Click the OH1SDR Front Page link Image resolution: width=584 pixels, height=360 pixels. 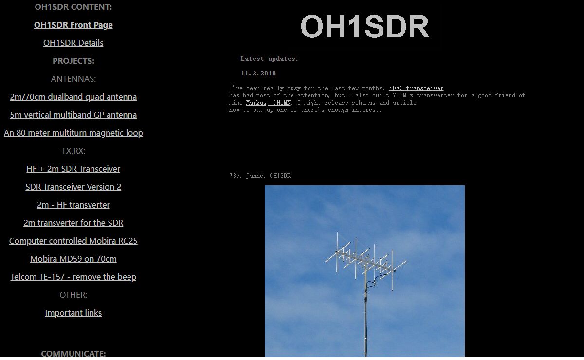(x=73, y=25)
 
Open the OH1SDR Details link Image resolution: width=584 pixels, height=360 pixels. (x=73, y=43)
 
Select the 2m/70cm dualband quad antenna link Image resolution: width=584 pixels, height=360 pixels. (x=73, y=97)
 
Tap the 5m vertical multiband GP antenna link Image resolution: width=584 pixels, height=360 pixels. (x=73, y=115)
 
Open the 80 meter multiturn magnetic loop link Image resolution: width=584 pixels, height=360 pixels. (x=73, y=133)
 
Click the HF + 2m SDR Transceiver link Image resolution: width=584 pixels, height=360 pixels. (x=73, y=169)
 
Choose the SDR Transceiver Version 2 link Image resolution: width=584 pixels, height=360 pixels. (x=73, y=187)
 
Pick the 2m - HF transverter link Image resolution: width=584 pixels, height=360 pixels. (x=73, y=205)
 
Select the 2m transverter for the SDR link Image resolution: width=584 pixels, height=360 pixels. (x=73, y=223)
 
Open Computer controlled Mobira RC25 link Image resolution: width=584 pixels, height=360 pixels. (x=73, y=241)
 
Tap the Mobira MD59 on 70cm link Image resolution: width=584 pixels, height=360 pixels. (x=73, y=259)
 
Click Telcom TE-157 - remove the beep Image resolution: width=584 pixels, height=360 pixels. (x=73, y=277)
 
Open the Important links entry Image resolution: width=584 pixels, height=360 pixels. (x=73, y=313)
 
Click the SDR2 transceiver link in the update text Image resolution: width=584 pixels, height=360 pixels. (x=417, y=88)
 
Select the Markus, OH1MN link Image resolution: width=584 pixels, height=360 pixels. (x=268, y=103)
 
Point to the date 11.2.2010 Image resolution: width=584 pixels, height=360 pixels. (x=258, y=73)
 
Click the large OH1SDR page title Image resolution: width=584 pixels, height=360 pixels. (x=365, y=26)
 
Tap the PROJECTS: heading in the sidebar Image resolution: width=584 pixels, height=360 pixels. (x=73, y=61)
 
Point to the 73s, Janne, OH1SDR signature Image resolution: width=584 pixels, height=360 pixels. (x=260, y=176)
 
